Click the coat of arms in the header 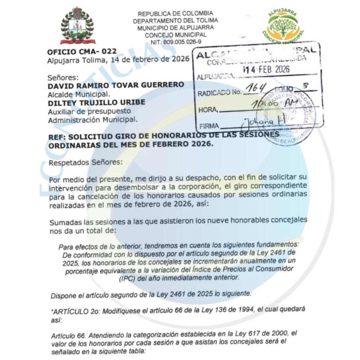tap(77, 26)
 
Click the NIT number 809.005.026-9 tap(175, 41)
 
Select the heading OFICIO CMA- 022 tap(82, 52)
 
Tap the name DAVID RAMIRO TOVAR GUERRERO tap(116, 85)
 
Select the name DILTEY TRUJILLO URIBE tap(96, 102)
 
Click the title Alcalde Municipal tap(79, 94)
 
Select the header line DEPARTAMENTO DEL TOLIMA tap(175, 20)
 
